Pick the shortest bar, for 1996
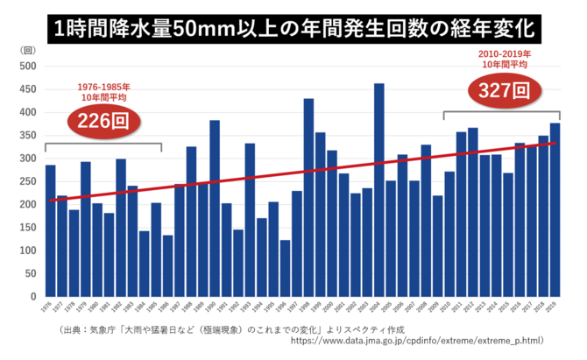coord(285,268)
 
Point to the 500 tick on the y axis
coord(27,67)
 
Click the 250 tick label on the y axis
coord(27,182)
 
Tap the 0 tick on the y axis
coord(33,297)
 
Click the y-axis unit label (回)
coord(26,51)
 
